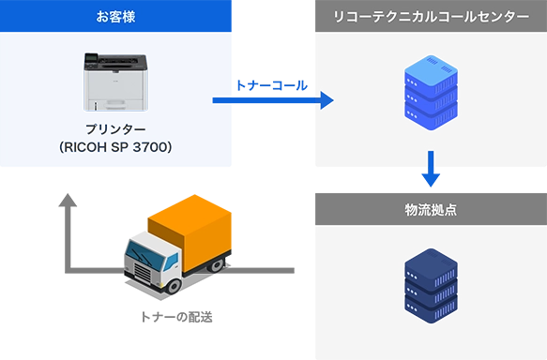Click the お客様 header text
(115, 16)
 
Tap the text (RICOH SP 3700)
(116, 148)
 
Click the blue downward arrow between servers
(430, 169)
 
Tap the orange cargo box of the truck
(192, 225)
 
